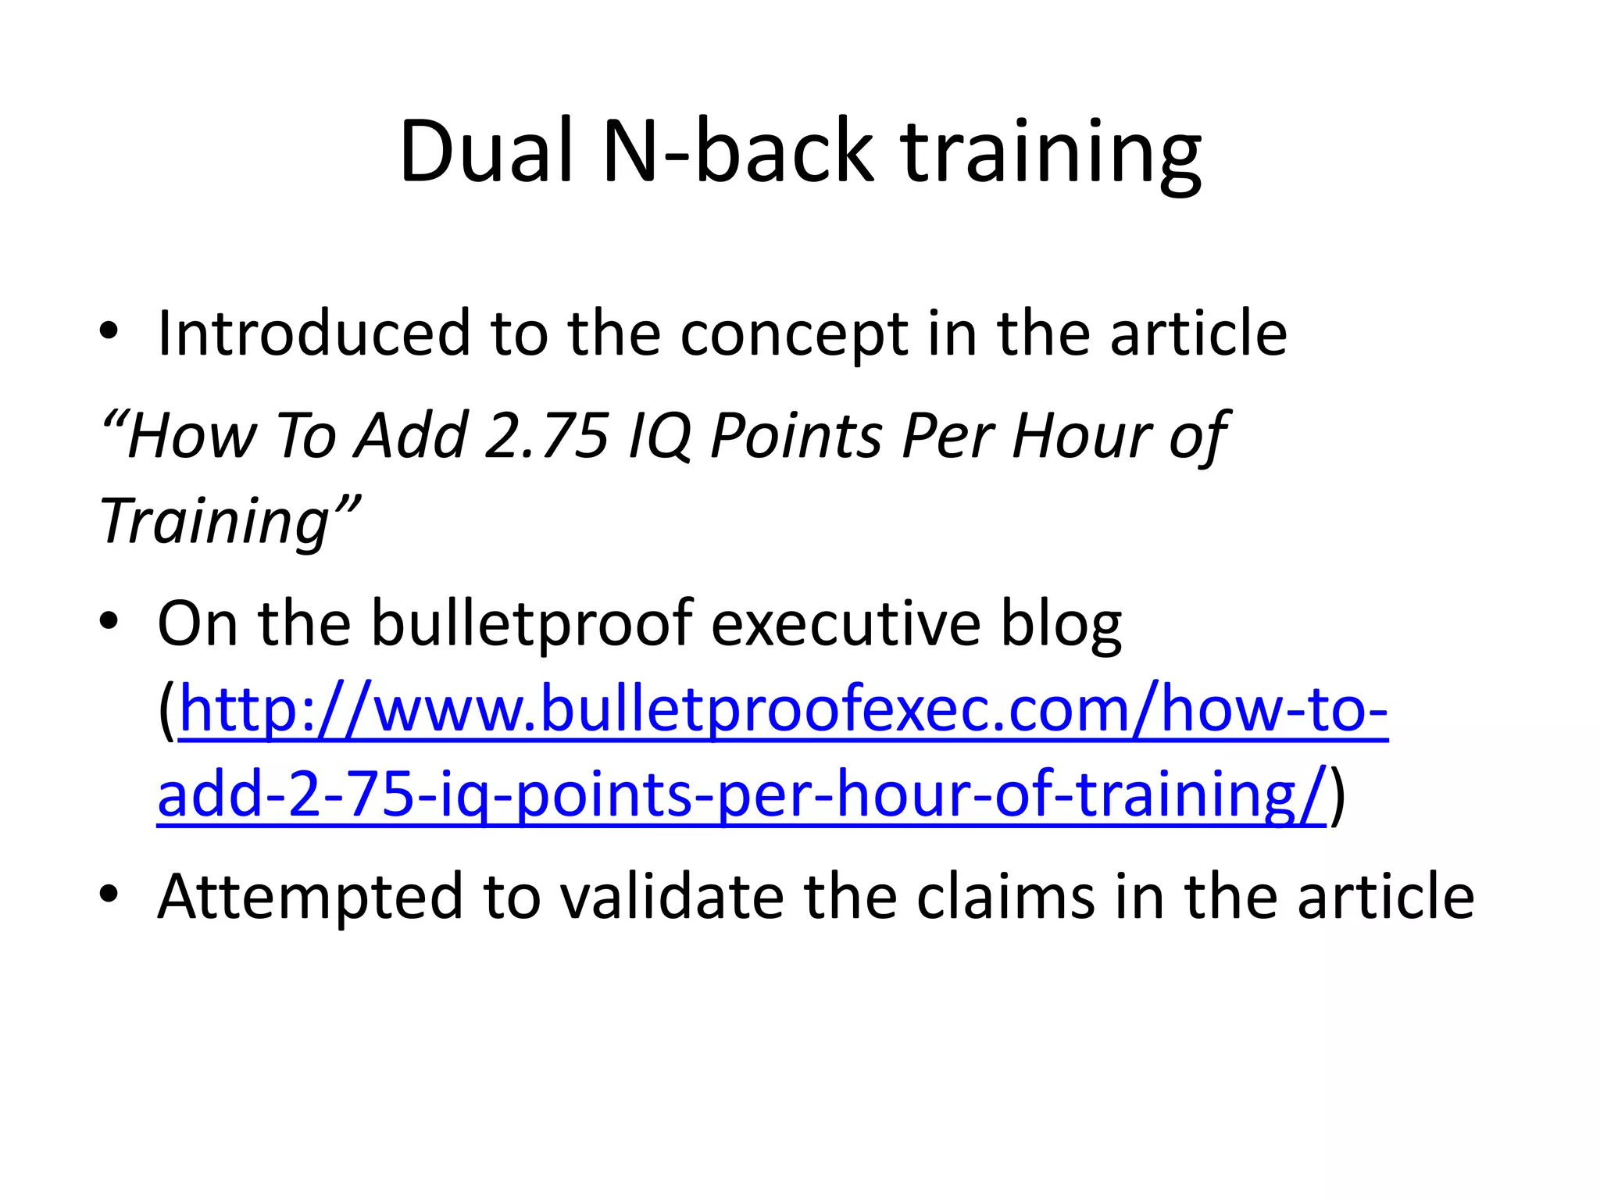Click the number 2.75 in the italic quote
click(546, 435)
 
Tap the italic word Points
click(796, 435)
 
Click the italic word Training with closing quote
click(230, 522)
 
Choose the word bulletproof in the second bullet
click(531, 624)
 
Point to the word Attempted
click(312, 897)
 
